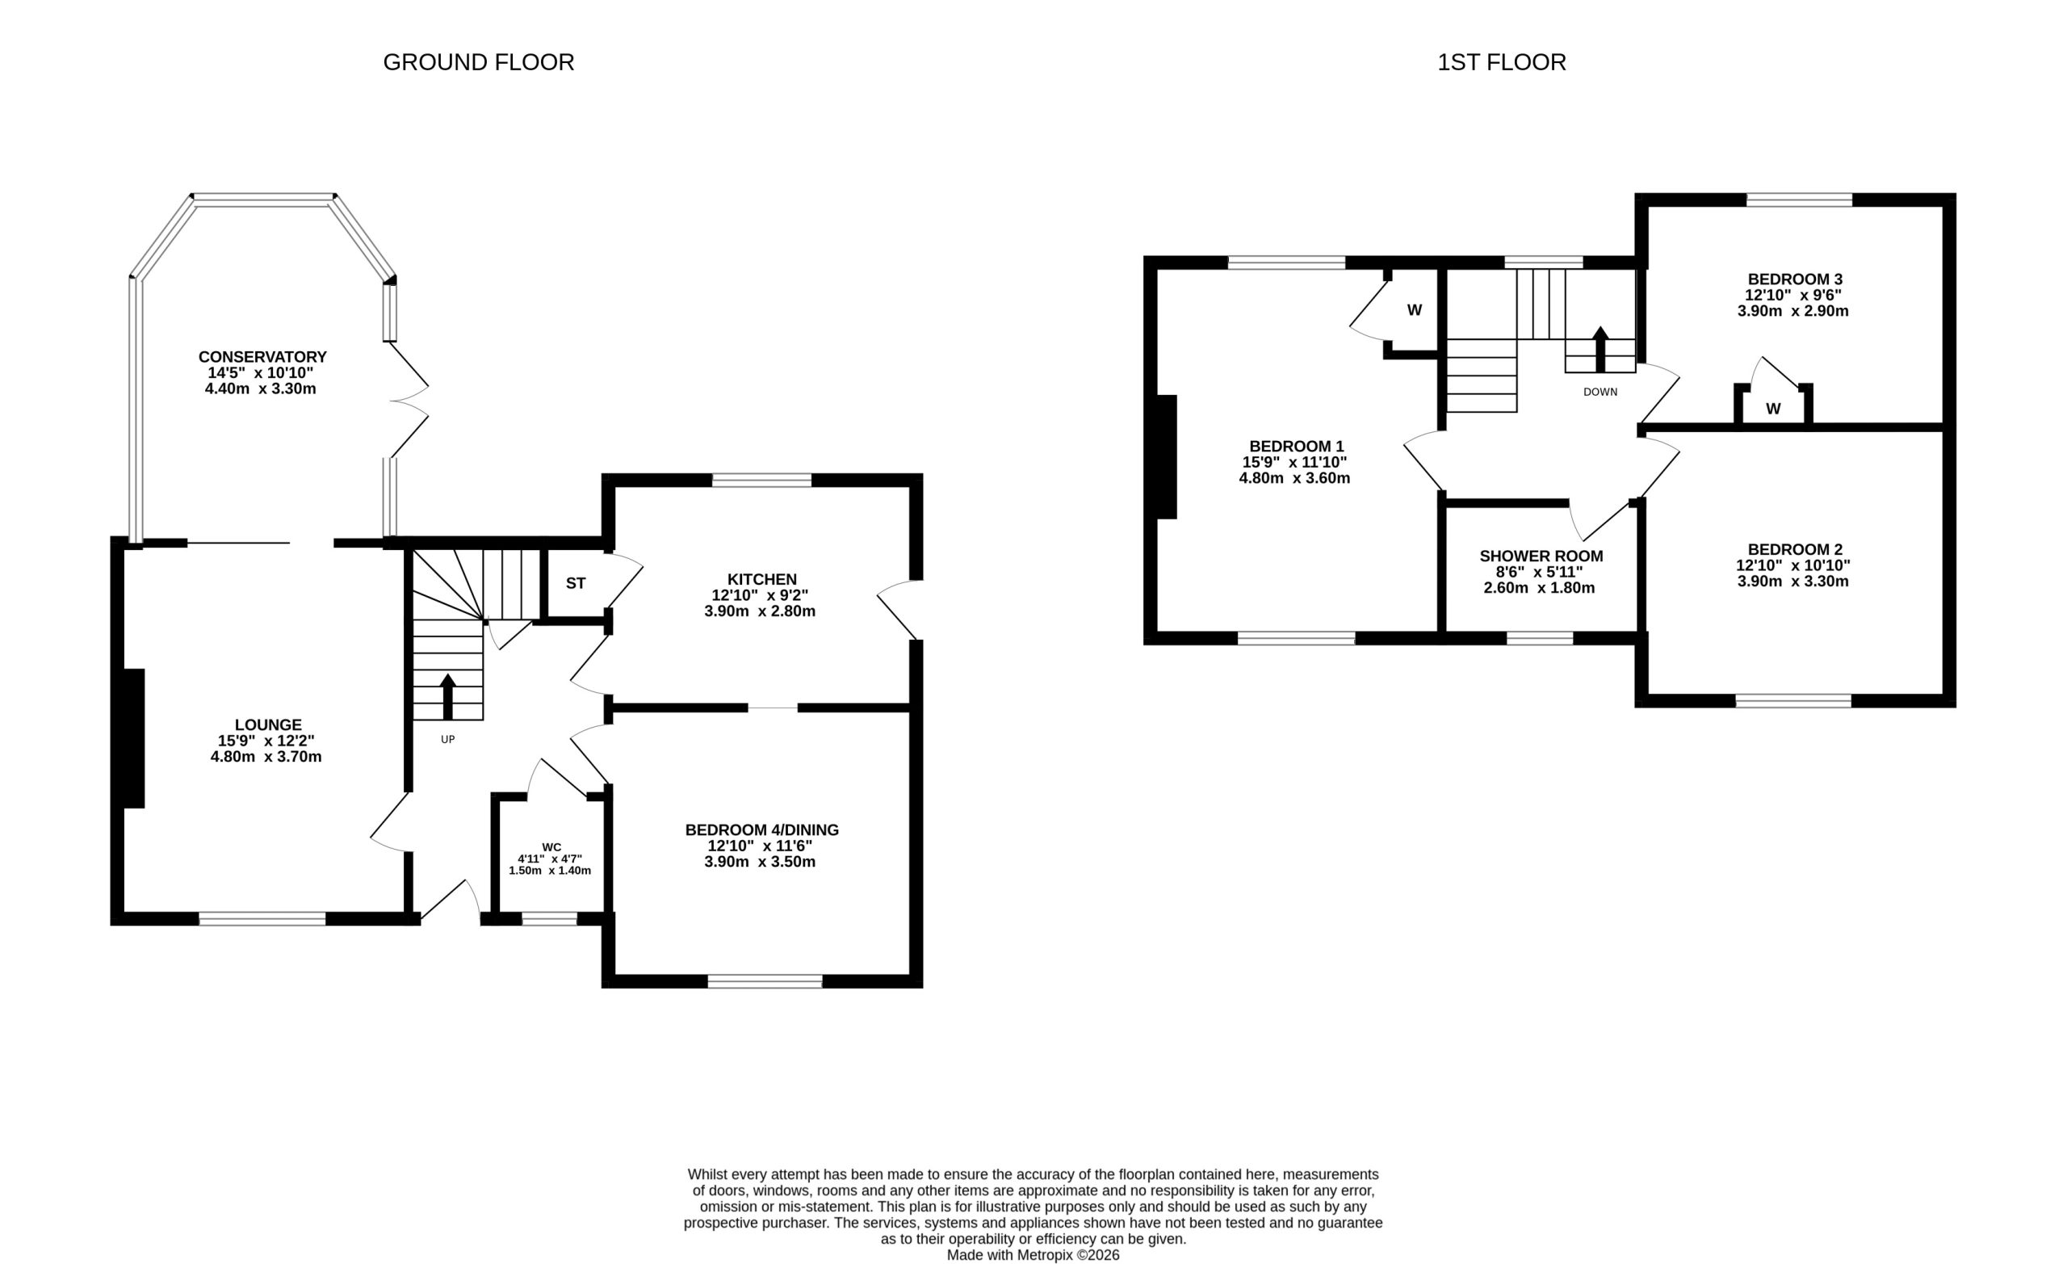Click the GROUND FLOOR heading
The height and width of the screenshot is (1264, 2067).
pyautogui.click(x=478, y=62)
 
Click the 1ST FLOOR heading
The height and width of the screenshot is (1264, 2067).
pyautogui.click(x=1502, y=62)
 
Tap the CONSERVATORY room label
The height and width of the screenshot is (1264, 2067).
pyautogui.click(x=262, y=357)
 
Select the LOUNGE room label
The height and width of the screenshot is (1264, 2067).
pyautogui.click(x=267, y=724)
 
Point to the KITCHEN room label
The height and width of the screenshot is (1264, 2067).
pyautogui.click(x=761, y=579)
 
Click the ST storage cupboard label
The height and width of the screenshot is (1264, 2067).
pyautogui.click(x=576, y=583)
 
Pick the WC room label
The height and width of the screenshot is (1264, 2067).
pyautogui.click(x=551, y=847)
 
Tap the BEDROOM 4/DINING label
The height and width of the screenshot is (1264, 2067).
pyautogui.click(x=761, y=830)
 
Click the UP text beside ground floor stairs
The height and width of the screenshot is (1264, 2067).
pyautogui.click(x=448, y=740)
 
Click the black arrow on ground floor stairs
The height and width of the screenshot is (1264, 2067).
pyautogui.click(x=448, y=697)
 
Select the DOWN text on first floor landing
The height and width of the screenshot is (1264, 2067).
pyautogui.click(x=1600, y=392)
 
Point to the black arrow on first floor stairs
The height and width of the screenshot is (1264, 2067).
pyautogui.click(x=1600, y=349)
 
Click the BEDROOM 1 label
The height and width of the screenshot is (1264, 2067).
pyautogui.click(x=1295, y=447)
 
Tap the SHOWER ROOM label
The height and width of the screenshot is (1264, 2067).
pyautogui.click(x=1541, y=556)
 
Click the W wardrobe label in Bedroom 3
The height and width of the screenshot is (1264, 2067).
pyautogui.click(x=1772, y=409)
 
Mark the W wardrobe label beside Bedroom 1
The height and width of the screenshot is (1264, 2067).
pyautogui.click(x=1415, y=309)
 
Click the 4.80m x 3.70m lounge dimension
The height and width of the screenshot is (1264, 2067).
pyautogui.click(x=266, y=757)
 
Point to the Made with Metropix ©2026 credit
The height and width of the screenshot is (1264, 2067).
pyautogui.click(x=1033, y=1256)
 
